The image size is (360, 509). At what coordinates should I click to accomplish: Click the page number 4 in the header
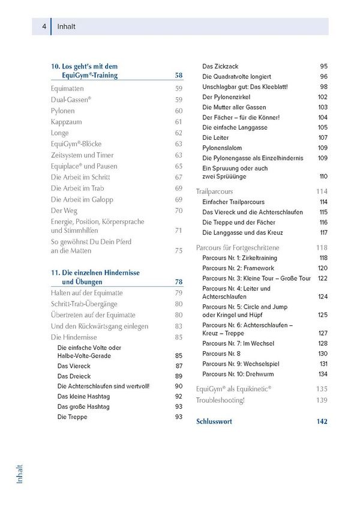click(44, 26)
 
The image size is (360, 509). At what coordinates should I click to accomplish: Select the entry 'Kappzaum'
click(66, 122)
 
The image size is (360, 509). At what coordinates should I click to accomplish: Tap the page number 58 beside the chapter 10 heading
click(178, 76)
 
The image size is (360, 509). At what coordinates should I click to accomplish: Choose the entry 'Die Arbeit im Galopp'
click(82, 199)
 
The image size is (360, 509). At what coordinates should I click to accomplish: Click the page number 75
click(178, 251)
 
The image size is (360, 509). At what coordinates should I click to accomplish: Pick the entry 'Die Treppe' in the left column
click(72, 417)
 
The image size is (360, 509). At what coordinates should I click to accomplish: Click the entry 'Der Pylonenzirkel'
click(226, 97)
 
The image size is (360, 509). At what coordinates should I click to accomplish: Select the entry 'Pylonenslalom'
click(223, 148)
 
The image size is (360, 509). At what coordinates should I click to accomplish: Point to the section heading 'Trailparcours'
click(218, 191)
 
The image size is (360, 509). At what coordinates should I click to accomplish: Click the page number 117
click(323, 232)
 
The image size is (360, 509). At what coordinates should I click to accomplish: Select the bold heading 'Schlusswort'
click(214, 421)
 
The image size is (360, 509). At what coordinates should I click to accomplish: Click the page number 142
click(322, 421)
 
